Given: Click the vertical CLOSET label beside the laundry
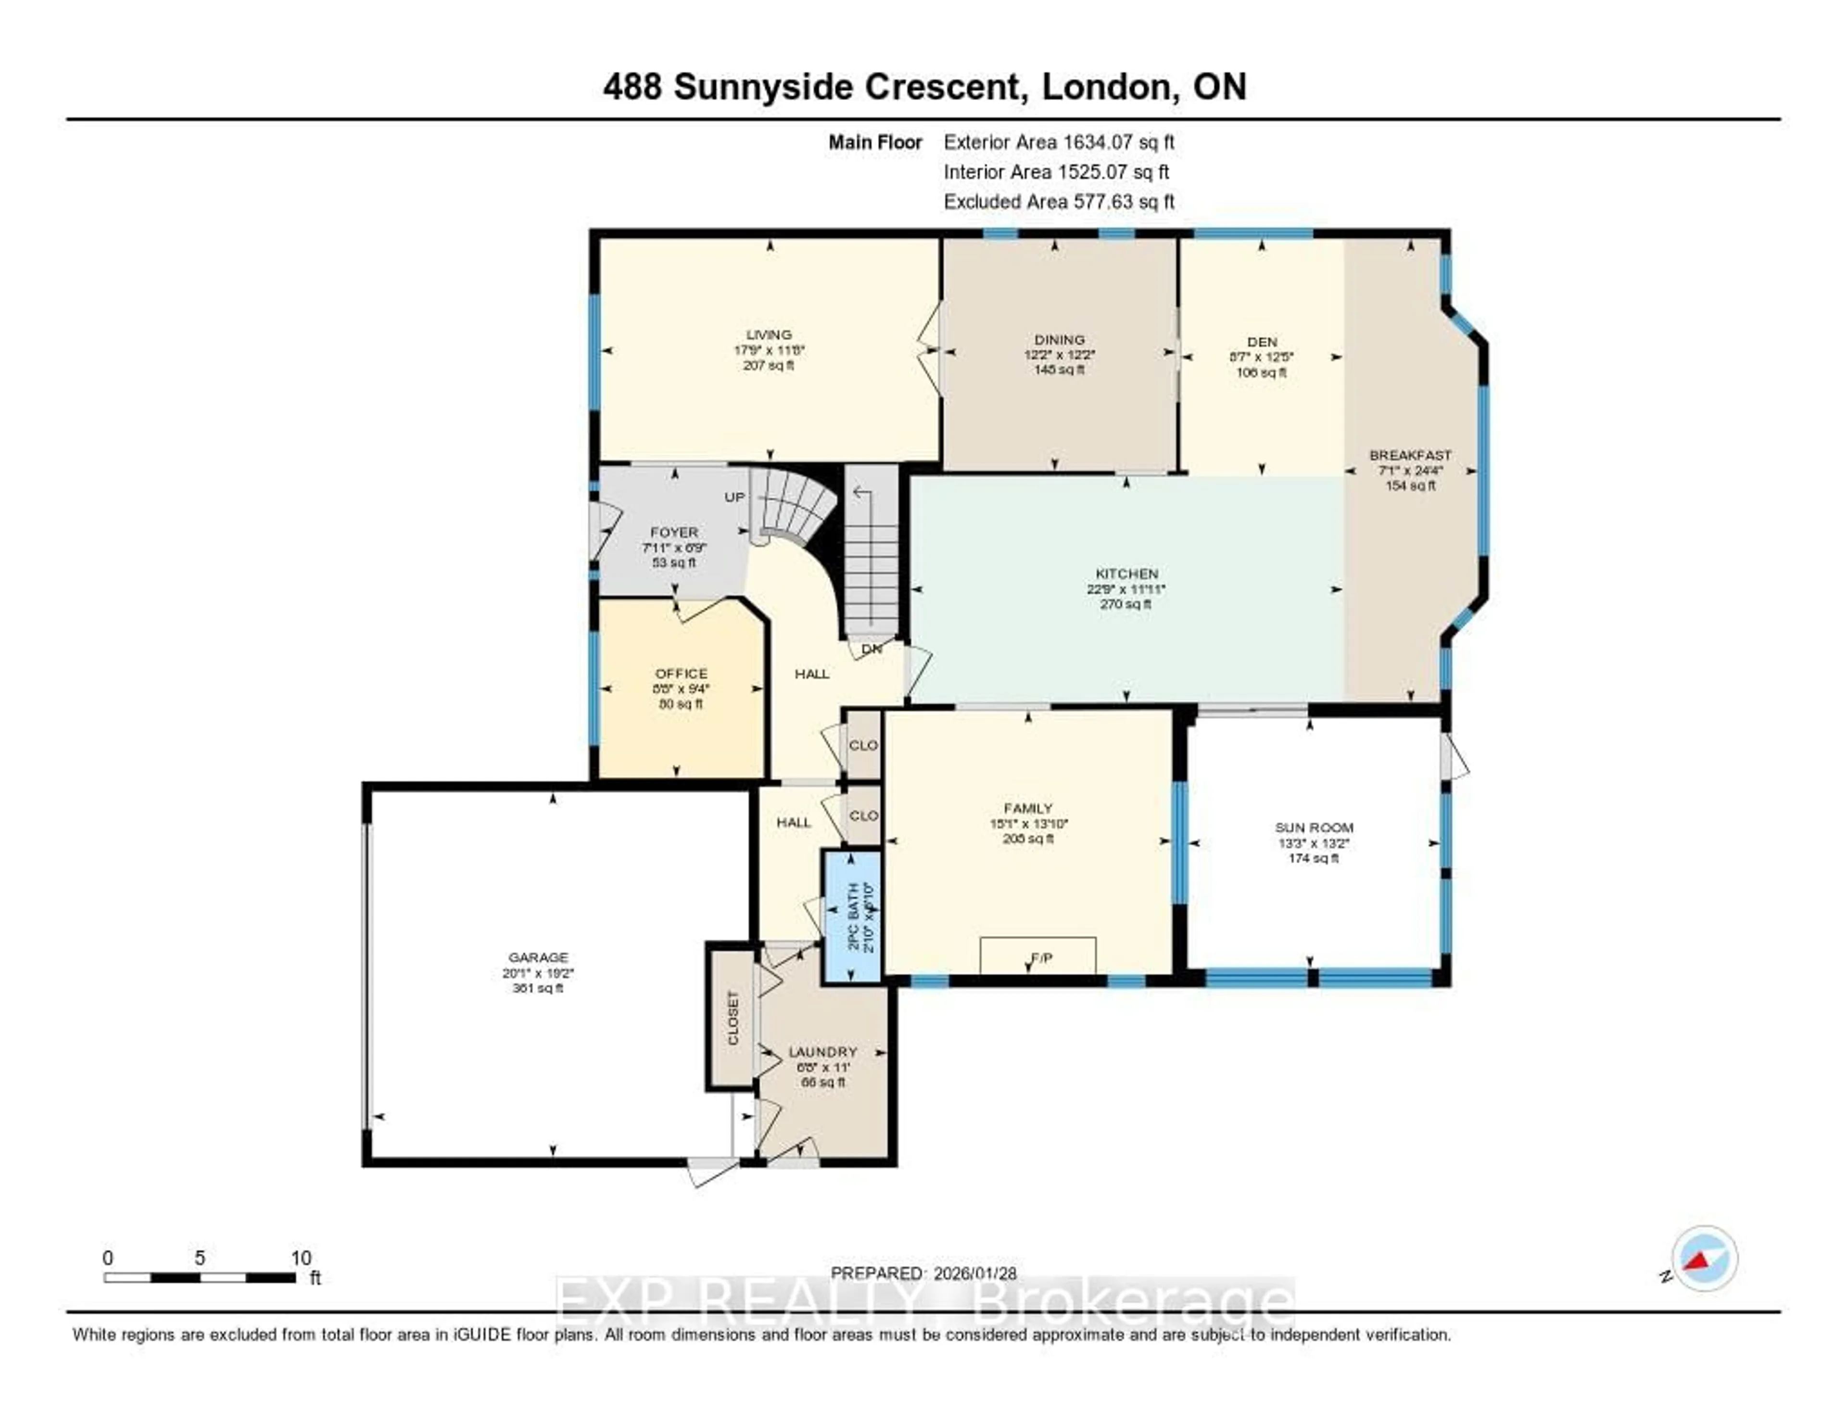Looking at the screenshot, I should pos(733,1018).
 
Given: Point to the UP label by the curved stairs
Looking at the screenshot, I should pos(734,497).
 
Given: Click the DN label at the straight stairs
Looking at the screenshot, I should pos(871,649).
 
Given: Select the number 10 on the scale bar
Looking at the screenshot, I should pos(301,1258).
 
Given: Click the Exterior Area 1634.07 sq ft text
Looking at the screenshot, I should pos(1059,142).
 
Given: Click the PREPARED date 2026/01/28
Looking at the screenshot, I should pos(974,1273).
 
